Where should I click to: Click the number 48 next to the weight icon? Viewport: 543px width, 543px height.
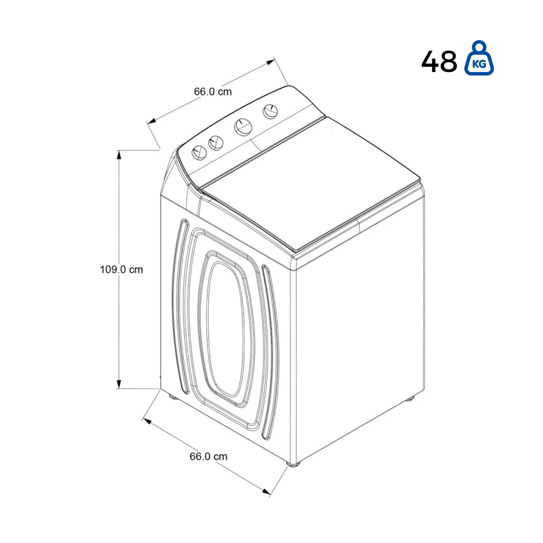(439, 62)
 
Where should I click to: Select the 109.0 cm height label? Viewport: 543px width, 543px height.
(122, 269)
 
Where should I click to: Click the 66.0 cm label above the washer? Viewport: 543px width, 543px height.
(213, 92)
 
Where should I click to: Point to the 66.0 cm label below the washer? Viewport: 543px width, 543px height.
(209, 456)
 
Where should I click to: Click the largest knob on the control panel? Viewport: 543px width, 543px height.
(243, 127)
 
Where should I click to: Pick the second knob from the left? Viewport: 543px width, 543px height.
(216, 142)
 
